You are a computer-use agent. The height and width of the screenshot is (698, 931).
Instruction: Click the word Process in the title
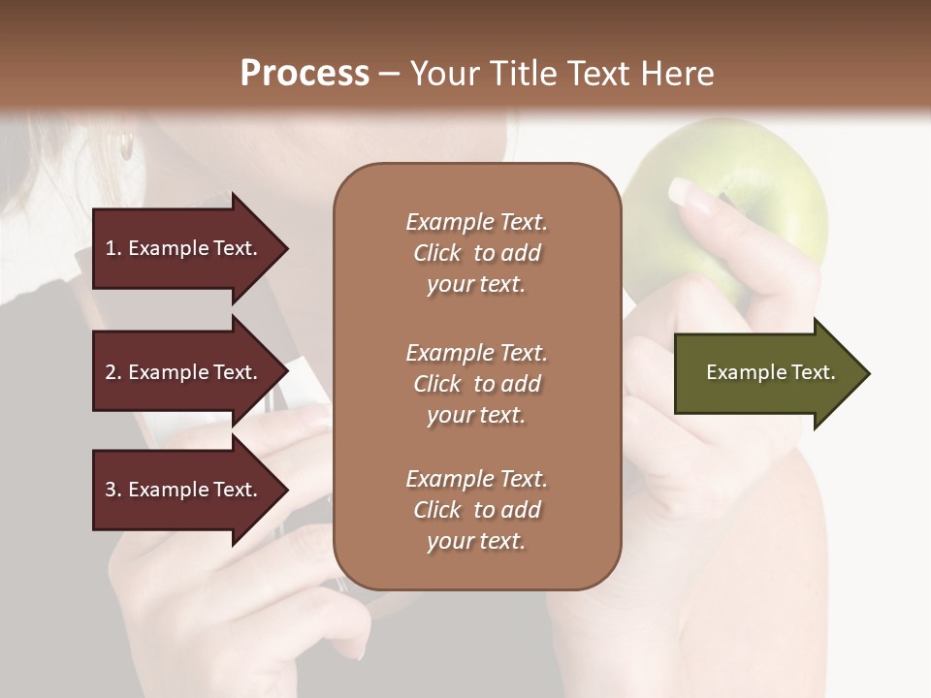tap(305, 74)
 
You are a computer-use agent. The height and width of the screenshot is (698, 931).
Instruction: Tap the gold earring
tap(126, 146)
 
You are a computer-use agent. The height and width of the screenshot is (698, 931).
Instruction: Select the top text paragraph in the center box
tap(476, 253)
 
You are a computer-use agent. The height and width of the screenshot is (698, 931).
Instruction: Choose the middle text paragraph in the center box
tap(476, 384)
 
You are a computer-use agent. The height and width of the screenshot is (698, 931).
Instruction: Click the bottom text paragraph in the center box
tap(476, 510)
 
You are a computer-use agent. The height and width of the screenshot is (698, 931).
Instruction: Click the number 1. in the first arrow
tap(113, 248)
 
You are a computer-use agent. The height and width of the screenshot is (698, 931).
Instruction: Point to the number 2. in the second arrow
tap(113, 372)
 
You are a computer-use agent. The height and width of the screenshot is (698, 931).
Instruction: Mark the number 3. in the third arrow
tap(113, 490)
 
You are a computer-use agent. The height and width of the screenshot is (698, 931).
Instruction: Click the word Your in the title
tap(444, 74)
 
